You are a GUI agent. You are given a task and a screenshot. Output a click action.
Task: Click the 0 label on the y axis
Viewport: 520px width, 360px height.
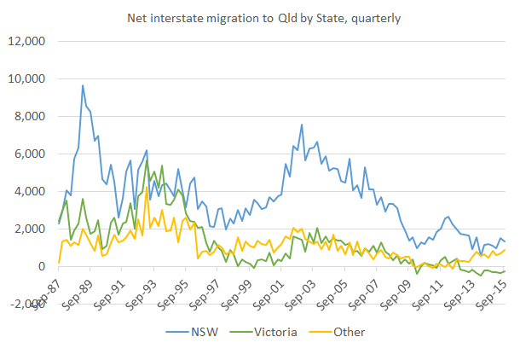coord(39,266)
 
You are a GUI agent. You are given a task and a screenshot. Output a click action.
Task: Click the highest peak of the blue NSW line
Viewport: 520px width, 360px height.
coord(83,84)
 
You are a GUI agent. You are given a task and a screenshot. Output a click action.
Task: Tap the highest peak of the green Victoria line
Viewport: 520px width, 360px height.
coord(147,160)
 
